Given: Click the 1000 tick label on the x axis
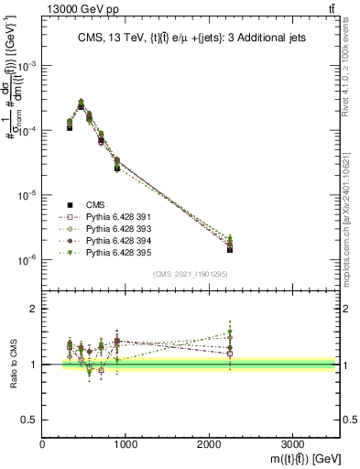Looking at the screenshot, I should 125,444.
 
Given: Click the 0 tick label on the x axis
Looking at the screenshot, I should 43,444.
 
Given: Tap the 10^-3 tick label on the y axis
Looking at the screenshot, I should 28,68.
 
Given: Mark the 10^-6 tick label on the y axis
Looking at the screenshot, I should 28,260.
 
